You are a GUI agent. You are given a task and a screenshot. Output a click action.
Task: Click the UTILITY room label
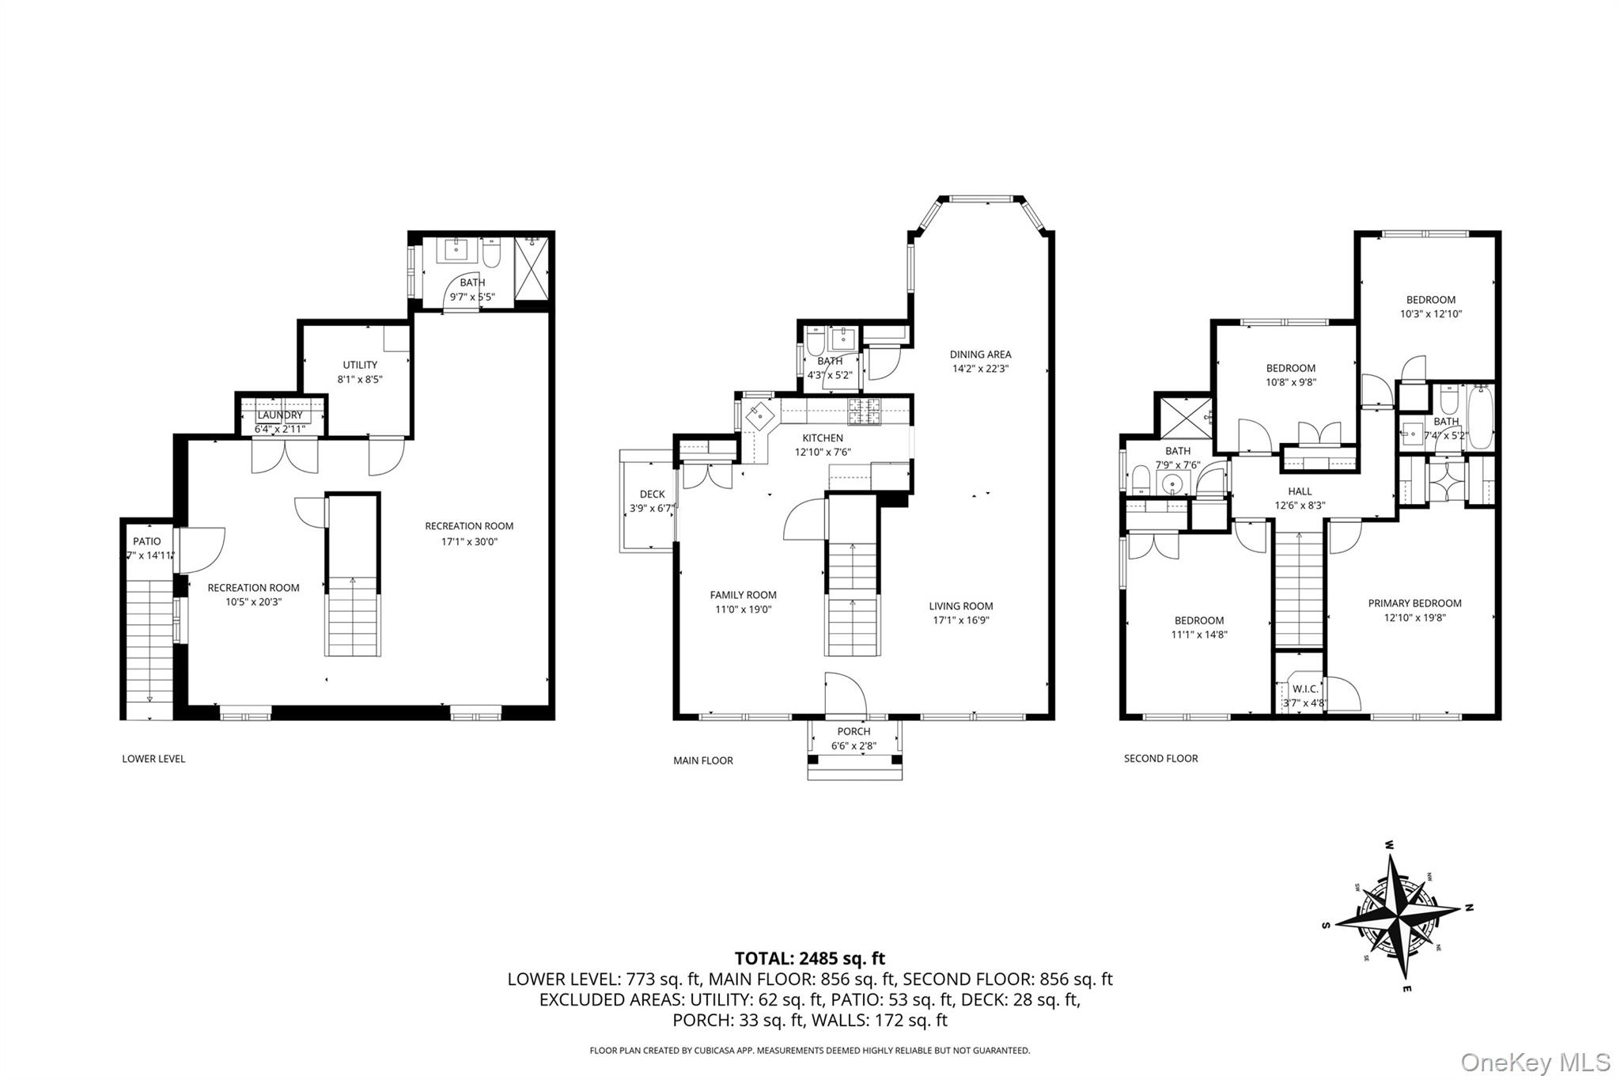click(x=360, y=365)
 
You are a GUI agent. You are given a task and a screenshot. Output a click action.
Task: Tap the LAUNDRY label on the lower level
click(x=280, y=415)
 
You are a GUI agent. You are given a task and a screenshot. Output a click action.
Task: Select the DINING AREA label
click(x=980, y=354)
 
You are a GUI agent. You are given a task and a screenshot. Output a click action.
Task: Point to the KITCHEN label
click(x=823, y=438)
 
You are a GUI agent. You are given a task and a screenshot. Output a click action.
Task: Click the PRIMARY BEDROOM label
click(x=1414, y=603)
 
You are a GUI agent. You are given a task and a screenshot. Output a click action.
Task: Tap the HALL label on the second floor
click(x=1300, y=491)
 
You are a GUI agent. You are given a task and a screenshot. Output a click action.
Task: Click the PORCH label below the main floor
click(x=854, y=732)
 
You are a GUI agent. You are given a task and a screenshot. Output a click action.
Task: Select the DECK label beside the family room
click(x=652, y=495)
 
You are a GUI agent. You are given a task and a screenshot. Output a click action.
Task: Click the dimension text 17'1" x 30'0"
click(x=469, y=542)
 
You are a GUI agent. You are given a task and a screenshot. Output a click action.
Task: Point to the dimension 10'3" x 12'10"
click(x=1430, y=313)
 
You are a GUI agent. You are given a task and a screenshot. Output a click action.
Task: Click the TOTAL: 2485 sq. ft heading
click(x=809, y=958)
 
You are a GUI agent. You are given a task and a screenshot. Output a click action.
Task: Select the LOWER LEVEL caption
click(x=153, y=759)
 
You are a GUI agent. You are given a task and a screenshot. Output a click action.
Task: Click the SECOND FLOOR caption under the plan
click(x=1160, y=758)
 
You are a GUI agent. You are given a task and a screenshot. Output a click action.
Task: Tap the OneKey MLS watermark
click(x=1535, y=1062)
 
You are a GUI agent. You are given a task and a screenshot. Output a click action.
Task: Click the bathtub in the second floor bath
click(x=1481, y=415)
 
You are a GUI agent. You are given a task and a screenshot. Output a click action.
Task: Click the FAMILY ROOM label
click(x=743, y=595)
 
